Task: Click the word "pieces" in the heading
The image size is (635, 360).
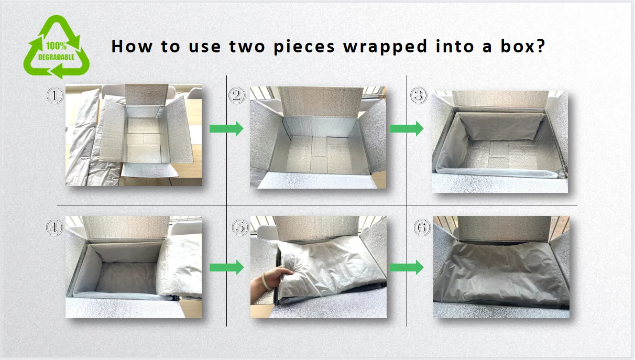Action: (304, 47)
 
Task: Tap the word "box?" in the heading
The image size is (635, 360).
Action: (523, 46)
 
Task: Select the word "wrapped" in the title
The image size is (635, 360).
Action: (385, 47)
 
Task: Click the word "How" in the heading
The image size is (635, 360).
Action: (132, 46)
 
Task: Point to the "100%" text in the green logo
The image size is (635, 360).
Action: (56, 46)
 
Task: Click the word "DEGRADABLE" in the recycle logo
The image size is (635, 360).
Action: (56, 57)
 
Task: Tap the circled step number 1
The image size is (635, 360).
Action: (54, 95)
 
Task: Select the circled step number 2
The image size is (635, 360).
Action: (237, 95)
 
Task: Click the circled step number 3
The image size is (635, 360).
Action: (419, 95)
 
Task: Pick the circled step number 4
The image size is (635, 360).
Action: (54, 227)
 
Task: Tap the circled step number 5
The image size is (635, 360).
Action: (240, 227)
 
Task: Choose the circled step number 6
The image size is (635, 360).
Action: (422, 227)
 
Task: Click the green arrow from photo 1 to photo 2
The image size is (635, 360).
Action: (226, 129)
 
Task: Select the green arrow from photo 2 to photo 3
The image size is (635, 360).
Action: (407, 129)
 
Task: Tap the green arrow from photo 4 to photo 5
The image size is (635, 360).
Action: (226, 267)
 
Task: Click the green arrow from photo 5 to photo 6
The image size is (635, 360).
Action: (407, 267)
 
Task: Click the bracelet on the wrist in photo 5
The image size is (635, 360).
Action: (265, 281)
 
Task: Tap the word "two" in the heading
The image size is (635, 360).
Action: (247, 47)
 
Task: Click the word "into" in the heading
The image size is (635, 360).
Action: (454, 46)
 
